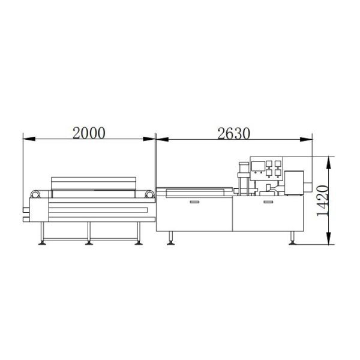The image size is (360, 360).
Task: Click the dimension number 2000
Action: tap(89, 133)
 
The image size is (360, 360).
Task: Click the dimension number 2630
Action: tap(233, 134)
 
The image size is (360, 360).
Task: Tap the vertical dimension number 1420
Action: tap(323, 200)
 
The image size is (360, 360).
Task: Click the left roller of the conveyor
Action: tap(35, 194)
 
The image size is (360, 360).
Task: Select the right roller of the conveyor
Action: tap(149, 194)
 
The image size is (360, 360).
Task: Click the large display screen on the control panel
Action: tap(258, 166)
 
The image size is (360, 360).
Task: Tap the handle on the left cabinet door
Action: tap(194, 202)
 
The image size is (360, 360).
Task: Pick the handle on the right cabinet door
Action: tap(268, 202)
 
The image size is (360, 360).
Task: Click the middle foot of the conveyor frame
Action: tap(89, 243)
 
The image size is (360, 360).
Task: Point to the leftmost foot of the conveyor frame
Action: tap(42, 243)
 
